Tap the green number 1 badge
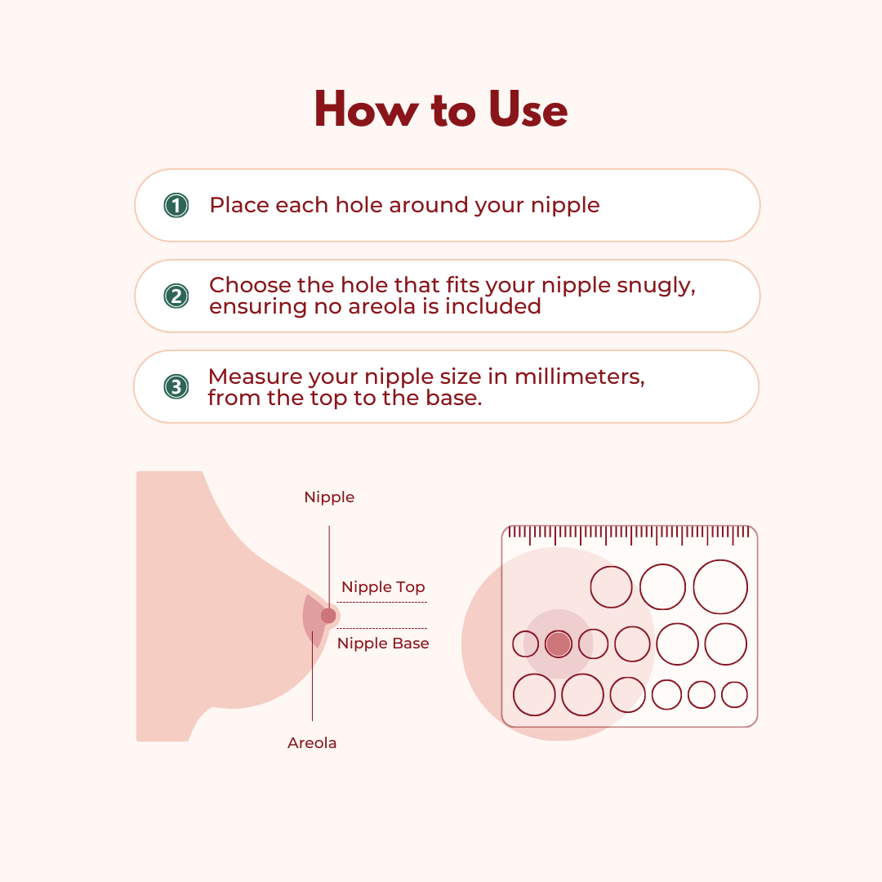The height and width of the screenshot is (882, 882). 176,205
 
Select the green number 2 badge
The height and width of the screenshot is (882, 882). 176,296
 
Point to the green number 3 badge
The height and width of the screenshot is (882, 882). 176,386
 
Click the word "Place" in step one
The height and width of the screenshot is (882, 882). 239,205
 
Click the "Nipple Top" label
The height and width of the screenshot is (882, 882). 383,587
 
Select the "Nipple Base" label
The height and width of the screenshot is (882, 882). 383,644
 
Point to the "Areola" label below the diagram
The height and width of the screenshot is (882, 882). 312,743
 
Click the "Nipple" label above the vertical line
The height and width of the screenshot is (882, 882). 329,497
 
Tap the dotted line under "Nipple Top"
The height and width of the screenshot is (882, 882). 382,602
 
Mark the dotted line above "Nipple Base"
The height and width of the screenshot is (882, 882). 382,628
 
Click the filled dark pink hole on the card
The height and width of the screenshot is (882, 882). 558,644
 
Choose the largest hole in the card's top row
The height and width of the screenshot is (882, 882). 720,587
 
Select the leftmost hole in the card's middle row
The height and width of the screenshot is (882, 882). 525,644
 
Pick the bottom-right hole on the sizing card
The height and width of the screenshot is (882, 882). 734,695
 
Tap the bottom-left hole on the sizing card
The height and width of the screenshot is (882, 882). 534,695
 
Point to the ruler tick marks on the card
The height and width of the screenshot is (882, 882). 629,534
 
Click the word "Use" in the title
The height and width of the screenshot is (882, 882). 528,109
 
